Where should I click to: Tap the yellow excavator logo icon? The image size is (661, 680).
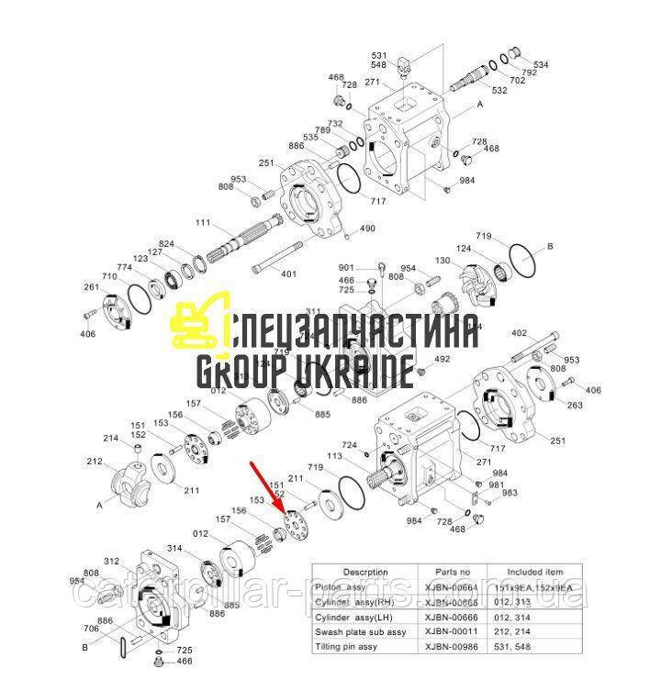pyautogui.click(x=198, y=324)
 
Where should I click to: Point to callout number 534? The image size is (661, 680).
pyautogui.click(x=541, y=65)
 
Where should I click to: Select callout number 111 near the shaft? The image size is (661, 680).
pyautogui.click(x=202, y=223)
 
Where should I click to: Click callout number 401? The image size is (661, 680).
pyautogui.click(x=288, y=273)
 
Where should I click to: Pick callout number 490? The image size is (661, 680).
pyautogui.click(x=367, y=229)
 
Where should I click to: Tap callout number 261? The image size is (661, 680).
pyautogui.click(x=91, y=287)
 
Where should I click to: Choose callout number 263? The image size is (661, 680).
pyautogui.click(x=575, y=405)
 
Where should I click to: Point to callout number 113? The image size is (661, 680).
pyautogui.click(x=361, y=455)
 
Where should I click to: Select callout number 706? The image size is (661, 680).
pyautogui.click(x=91, y=629)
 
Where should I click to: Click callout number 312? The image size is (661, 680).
pyautogui.click(x=111, y=562)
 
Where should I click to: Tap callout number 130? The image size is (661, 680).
pyautogui.click(x=443, y=261)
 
